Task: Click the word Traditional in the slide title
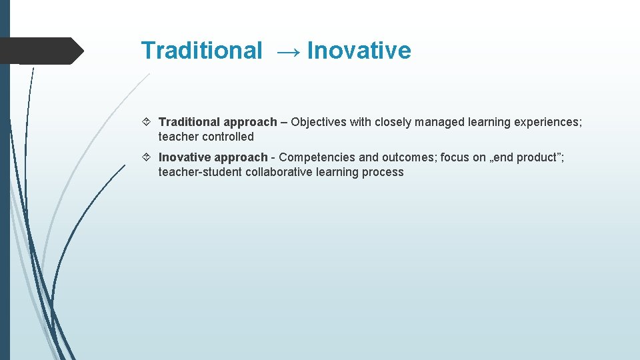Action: pos(201,51)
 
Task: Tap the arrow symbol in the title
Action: pos(285,51)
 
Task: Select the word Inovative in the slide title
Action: pos(359,51)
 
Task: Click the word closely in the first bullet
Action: pos(392,122)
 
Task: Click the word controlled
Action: pos(228,137)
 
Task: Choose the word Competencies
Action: pos(317,157)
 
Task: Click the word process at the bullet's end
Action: pos(383,172)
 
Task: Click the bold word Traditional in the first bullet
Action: pos(189,122)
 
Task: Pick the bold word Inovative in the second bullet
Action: pos(186,157)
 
